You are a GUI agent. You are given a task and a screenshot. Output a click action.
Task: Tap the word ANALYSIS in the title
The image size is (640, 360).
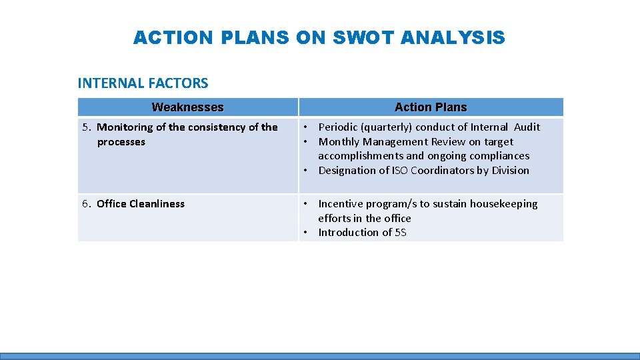coord(453,38)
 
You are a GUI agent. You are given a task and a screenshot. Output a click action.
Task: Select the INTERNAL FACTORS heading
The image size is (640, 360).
coord(143,83)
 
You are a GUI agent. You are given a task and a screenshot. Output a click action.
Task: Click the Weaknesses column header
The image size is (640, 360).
coord(187,107)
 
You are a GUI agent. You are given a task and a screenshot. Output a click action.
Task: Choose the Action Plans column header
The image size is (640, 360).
coord(431,107)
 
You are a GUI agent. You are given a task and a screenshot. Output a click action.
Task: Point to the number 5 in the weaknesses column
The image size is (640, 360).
coord(85,127)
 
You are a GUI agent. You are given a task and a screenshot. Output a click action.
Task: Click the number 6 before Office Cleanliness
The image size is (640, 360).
coord(85,204)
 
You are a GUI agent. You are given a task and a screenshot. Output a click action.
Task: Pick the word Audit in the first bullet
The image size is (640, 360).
coord(527,127)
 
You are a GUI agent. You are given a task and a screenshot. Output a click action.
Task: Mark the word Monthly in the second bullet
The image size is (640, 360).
coord(340,141)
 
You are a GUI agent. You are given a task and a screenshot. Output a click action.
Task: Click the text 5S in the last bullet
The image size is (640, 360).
coord(400,233)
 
